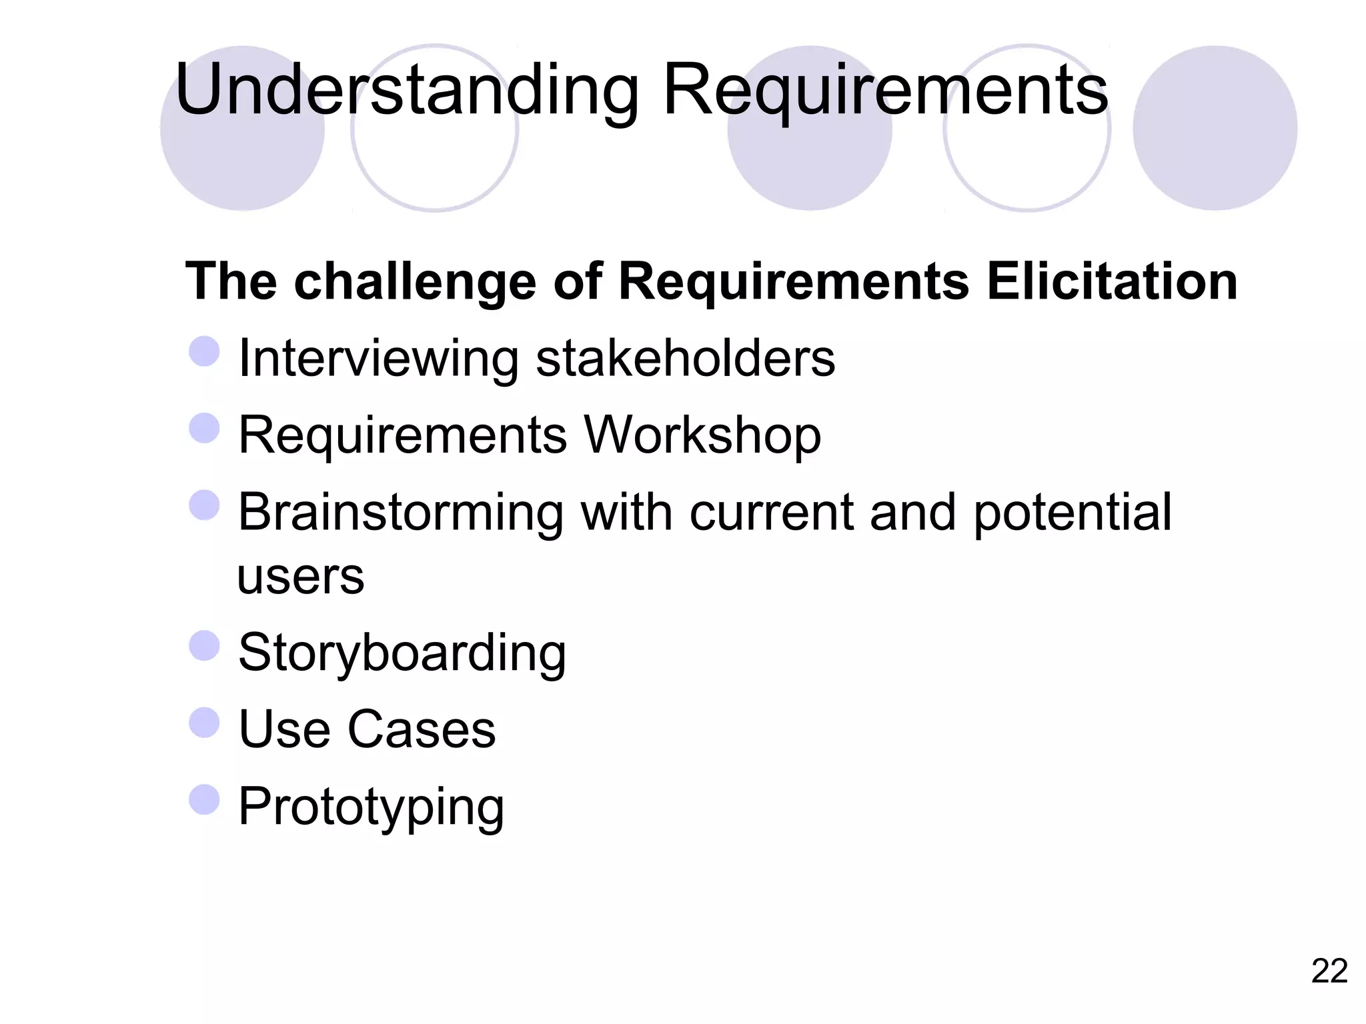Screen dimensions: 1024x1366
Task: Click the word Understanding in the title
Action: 407,90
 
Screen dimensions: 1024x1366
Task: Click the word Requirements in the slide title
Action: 885,90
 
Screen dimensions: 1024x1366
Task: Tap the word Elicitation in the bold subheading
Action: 1112,281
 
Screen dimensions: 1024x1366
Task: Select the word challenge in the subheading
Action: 415,282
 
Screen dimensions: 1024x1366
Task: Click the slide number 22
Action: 1329,971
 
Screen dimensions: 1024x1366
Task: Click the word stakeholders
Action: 685,359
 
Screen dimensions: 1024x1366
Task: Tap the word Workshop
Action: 702,435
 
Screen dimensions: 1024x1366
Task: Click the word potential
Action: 1073,513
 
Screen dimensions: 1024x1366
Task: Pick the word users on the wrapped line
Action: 301,577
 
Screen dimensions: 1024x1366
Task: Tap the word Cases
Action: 422,729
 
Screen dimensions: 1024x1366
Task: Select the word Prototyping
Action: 371,807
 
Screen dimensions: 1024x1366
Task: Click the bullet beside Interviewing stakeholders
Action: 204,351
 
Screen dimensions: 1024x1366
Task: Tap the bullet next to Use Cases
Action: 204,723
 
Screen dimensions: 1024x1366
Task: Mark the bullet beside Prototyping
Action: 204,799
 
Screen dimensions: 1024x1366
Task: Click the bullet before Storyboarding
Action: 204,646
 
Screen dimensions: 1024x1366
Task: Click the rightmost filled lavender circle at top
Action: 1215,128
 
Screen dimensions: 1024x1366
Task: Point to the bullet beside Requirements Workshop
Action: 204,428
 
